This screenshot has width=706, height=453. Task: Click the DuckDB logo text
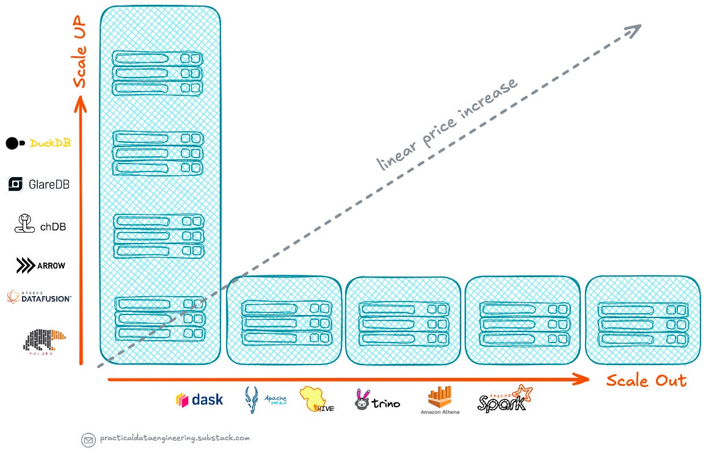pyautogui.click(x=50, y=143)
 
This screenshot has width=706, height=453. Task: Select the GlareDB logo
pyautogui.click(x=38, y=184)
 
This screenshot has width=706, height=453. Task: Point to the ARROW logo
pyautogui.click(x=40, y=266)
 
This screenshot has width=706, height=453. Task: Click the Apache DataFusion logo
pyautogui.click(x=39, y=297)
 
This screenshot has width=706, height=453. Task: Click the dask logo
pyautogui.click(x=199, y=400)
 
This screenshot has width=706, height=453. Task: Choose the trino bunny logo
pyautogui.click(x=377, y=400)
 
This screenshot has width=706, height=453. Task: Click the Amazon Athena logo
pyautogui.click(x=440, y=400)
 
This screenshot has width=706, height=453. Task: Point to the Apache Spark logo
pyautogui.click(x=504, y=399)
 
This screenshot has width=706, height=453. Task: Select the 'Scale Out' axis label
pyautogui.click(x=646, y=381)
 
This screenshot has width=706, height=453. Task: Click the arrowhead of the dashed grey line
pyautogui.click(x=636, y=27)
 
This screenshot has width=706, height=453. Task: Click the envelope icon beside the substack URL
pyautogui.click(x=88, y=439)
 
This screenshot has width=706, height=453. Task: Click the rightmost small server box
pyautogui.click(x=642, y=321)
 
